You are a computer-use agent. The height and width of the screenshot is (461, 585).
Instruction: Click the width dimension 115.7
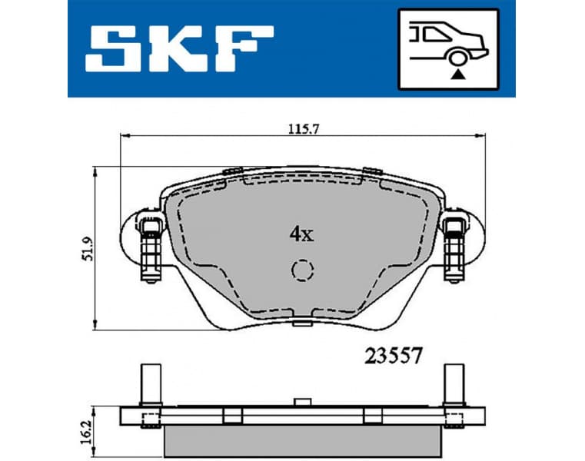coord(294,129)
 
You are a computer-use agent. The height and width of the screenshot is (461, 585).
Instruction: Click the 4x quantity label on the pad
coord(302,234)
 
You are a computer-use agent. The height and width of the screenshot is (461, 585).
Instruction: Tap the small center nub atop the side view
coord(302,401)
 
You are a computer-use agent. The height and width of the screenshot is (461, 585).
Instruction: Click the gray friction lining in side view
coord(303,437)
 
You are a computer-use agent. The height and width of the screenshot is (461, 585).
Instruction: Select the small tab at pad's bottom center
coord(302,326)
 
